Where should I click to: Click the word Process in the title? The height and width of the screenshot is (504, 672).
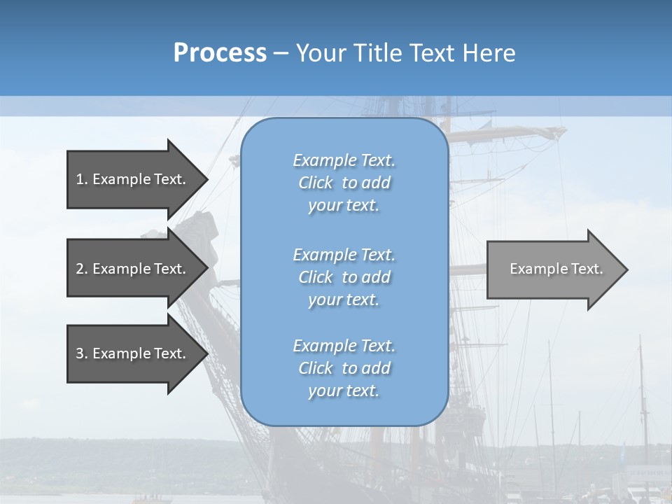pos(220,53)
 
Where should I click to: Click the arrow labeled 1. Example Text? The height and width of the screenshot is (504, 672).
pos(133,179)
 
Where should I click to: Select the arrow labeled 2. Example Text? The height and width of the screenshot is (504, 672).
pos(133,269)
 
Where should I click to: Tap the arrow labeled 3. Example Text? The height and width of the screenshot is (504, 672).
pos(133,353)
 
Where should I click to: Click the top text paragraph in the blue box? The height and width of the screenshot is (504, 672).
pos(344,183)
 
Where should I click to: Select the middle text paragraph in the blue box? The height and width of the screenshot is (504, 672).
pos(344,277)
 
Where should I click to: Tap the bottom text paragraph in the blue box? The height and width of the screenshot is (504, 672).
pos(344,368)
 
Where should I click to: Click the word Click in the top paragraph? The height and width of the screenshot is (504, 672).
pos(316,183)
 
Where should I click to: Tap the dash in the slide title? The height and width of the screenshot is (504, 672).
pos(281,53)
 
